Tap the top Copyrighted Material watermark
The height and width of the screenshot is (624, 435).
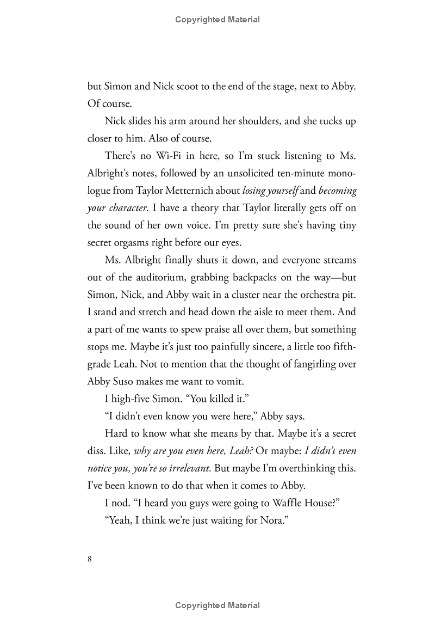tap(217, 20)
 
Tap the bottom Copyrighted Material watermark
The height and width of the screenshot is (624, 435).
tap(217, 605)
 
